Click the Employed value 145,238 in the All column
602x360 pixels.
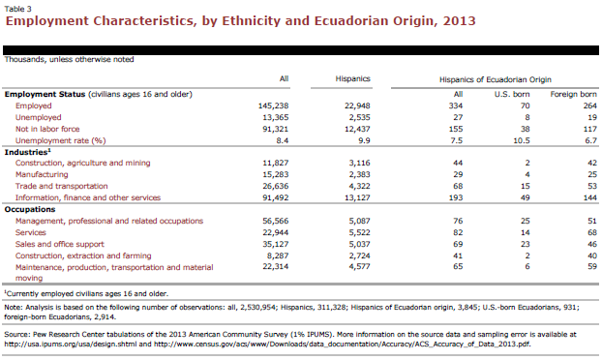point(273,105)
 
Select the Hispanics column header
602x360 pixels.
point(353,78)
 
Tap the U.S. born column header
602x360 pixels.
point(512,95)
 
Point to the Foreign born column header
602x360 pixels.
point(573,95)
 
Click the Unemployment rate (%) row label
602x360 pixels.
point(60,141)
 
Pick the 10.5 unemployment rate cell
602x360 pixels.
point(522,141)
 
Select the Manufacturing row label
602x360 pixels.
point(42,174)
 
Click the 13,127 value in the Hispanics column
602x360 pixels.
point(357,198)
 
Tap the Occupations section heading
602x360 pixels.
point(30,210)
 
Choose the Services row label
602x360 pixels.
point(31,232)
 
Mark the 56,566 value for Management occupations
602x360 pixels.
point(275,221)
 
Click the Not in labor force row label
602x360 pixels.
point(47,129)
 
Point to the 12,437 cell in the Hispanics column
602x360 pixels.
point(357,129)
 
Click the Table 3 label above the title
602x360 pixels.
point(18,9)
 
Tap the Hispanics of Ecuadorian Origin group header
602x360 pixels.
point(496,79)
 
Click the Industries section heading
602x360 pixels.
point(27,152)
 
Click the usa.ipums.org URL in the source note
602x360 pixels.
point(71,345)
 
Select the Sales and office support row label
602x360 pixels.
point(59,244)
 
